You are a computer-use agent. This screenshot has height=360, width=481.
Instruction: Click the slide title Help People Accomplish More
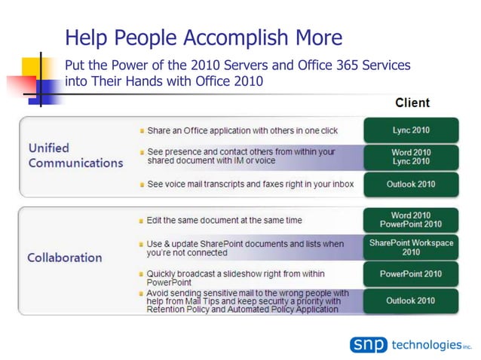[204, 38]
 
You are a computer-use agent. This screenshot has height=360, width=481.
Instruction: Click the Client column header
[412, 102]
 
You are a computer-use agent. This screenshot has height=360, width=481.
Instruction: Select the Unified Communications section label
[75, 155]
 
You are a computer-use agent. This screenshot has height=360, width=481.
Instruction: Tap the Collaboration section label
[65, 258]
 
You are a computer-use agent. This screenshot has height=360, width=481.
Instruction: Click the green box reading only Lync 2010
[411, 130]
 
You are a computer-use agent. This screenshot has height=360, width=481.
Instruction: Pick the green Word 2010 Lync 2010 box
[411, 157]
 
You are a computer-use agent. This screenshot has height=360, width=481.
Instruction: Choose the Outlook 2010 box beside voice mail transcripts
[411, 184]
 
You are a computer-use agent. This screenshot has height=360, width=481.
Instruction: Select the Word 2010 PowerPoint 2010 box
[411, 220]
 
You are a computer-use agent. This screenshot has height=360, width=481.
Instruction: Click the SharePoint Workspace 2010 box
[411, 247]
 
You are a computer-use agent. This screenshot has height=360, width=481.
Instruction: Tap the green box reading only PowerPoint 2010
[411, 274]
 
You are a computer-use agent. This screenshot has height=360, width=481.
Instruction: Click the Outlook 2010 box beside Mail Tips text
[411, 301]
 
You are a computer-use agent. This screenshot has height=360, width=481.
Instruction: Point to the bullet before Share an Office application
[141, 131]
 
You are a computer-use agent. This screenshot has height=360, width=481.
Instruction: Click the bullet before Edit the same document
[141, 221]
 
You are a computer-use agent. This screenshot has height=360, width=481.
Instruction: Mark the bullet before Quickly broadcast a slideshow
[141, 274]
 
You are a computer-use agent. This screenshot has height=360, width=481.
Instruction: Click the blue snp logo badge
[368, 345]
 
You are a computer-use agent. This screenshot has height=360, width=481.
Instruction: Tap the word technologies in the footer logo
[425, 345]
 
